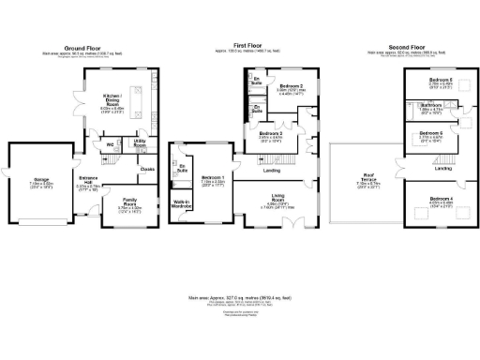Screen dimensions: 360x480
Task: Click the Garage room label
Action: click(42, 181)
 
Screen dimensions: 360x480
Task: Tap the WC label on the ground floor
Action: click(110, 144)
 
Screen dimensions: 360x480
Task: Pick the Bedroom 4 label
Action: click(440, 200)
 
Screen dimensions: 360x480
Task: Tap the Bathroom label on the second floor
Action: click(431, 105)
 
